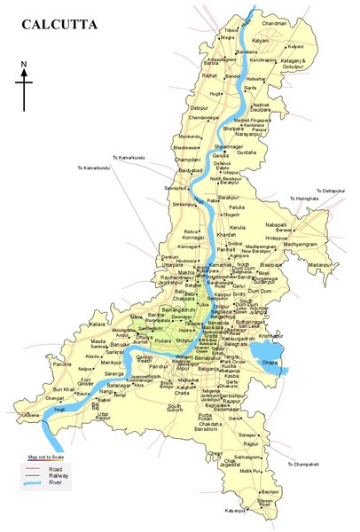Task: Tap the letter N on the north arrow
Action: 24,63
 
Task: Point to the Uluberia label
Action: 31,415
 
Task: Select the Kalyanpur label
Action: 235,512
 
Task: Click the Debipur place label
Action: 199,107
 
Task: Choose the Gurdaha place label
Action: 245,152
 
